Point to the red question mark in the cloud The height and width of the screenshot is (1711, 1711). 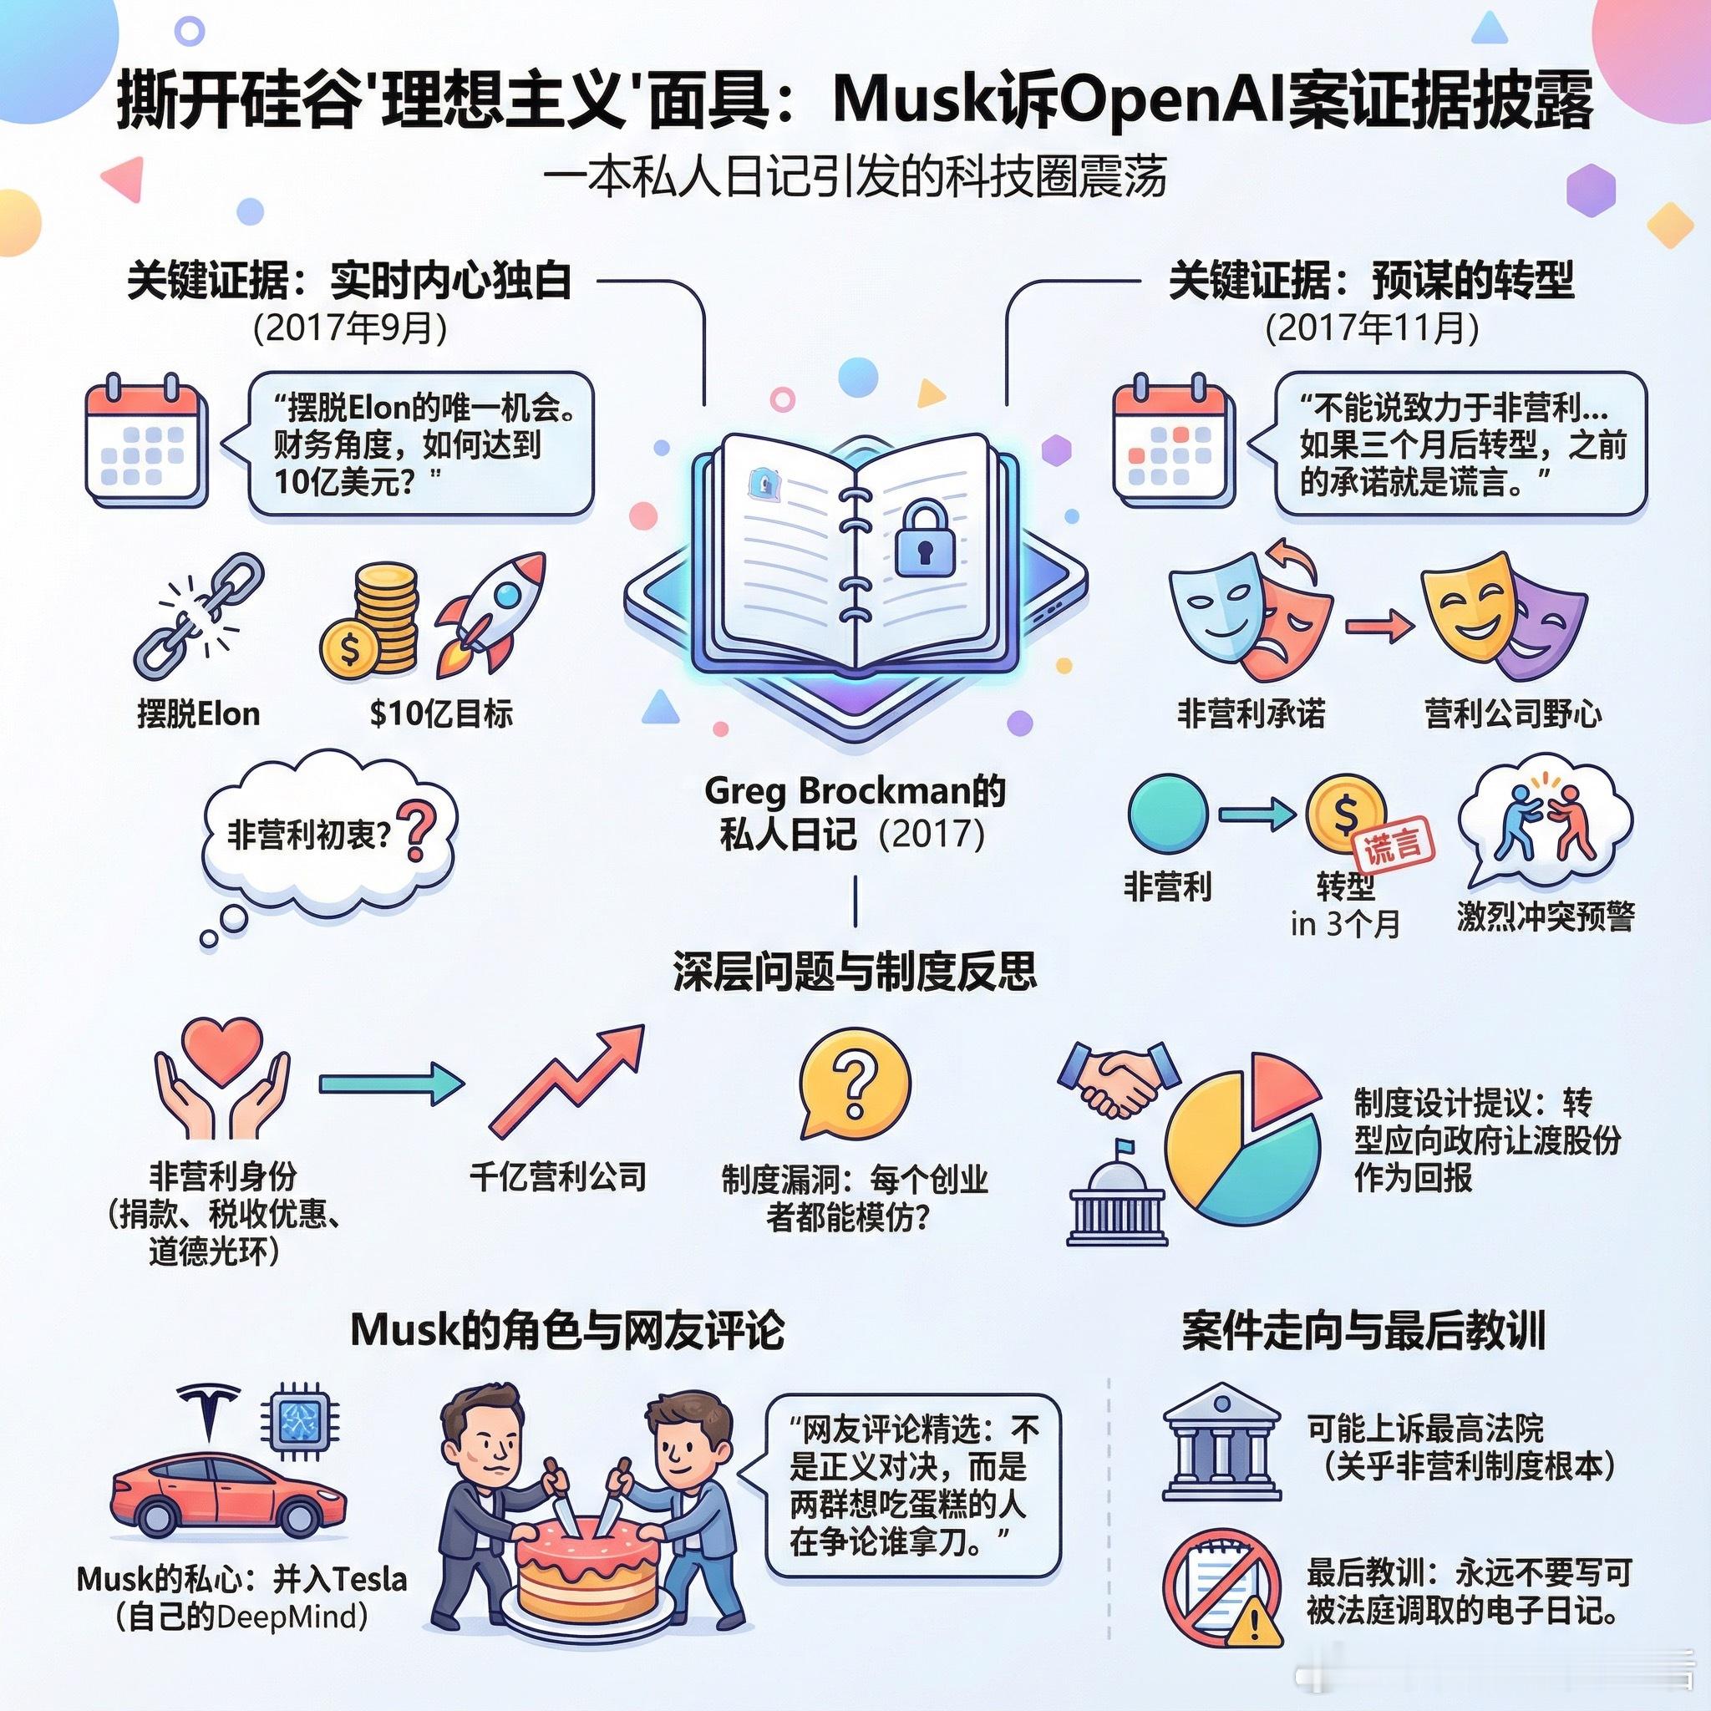(x=417, y=830)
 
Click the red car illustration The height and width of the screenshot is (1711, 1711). (x=228, y=1495)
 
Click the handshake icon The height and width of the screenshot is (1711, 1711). (x=1119, y=1079)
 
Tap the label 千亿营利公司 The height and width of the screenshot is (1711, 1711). (x=558, y=1177)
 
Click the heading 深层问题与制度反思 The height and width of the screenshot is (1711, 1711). (x=855, y=972)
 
